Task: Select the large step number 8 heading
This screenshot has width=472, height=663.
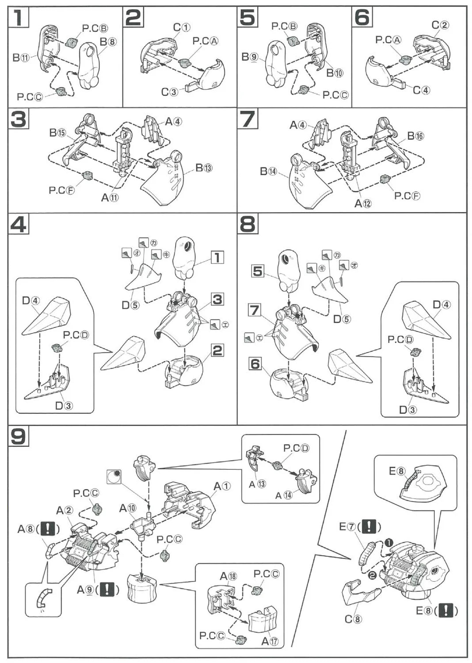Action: point(247,225)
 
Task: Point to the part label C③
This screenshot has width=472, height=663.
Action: point(169,92)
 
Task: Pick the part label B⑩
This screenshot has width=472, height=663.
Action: point(335,73)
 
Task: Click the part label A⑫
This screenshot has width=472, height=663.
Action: point(363,203)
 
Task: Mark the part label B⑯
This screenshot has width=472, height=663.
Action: point(415,136)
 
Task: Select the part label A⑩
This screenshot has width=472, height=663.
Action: point(128,508)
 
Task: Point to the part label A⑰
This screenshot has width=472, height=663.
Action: point(270,641)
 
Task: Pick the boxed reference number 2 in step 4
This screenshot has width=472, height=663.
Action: point(217,351)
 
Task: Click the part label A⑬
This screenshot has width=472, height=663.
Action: point(257,484)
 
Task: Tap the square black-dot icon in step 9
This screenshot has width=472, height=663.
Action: point(114,476)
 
